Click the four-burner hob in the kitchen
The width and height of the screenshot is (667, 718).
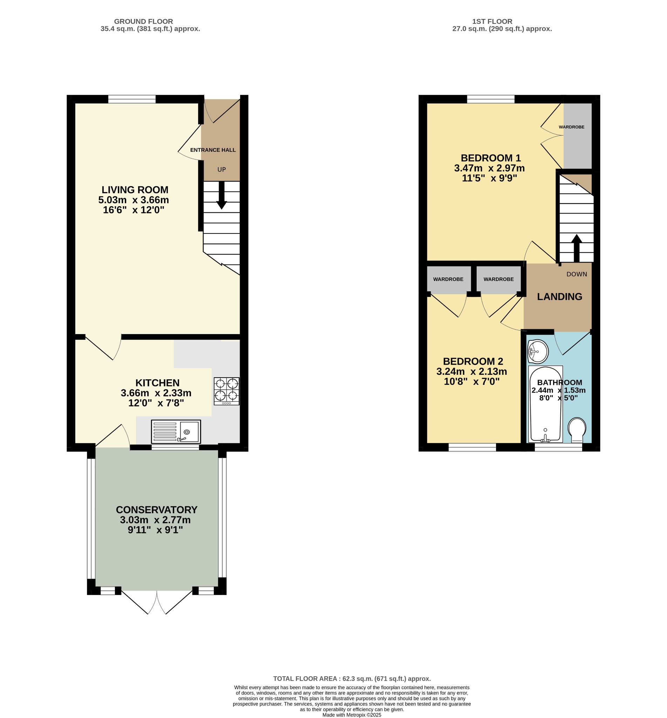(x=227, y=391)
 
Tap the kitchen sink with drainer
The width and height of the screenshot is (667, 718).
(x=176, y=432)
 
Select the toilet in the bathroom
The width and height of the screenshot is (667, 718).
(x=577, y=430)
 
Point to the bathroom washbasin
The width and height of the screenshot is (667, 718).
(x=538, y=351)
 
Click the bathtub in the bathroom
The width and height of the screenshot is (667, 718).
(x=545, y=404)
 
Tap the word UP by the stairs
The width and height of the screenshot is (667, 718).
(x=222, y=170)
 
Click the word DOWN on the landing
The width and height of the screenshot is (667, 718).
(x=577, y=275)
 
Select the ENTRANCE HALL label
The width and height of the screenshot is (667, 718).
(x=213, y=150)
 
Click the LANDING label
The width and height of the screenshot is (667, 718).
(x=559, y=297)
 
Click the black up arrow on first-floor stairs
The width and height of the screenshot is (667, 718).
(x=577, y=248)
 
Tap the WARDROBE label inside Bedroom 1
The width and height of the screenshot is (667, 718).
(x=571, y=127)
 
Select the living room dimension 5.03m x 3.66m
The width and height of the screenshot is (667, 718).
(x=134, y=200)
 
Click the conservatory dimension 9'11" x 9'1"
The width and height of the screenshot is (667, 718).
(x=155, y=530)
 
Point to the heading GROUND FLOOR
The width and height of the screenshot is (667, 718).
(x=144, y=22)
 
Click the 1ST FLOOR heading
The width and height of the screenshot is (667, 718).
(x=492, y=22)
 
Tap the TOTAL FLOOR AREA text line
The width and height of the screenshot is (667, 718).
(x=352, y=679)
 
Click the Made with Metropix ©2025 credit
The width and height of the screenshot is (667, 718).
(x=352, y=715)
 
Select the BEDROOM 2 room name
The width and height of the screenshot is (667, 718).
(x=473, y=361)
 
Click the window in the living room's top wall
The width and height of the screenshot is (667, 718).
(x=132, y=99)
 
